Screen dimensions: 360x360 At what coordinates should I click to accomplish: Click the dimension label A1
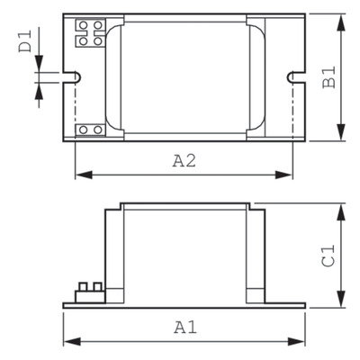184,327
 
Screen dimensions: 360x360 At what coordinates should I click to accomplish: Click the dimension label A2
185,161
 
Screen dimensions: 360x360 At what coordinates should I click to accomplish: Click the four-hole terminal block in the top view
88,32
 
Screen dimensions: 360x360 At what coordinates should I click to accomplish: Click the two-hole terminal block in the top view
89,130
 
